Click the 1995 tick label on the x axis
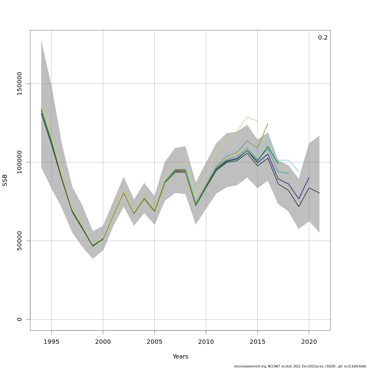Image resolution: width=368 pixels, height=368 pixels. (52, 342)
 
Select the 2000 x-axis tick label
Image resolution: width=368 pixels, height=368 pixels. (103, 342)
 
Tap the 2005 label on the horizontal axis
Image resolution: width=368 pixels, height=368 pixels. (155, 342)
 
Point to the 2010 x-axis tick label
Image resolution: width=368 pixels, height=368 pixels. (206, 342)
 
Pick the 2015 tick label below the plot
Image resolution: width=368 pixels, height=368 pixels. (258, 342)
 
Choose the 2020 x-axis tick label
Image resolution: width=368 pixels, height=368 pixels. (309, 342)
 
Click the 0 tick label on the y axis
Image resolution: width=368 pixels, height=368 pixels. (20, 319)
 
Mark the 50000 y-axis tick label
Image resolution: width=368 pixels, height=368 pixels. (20, 241)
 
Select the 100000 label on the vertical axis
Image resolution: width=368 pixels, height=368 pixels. (20, 162)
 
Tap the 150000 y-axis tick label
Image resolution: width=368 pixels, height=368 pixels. (20, 84)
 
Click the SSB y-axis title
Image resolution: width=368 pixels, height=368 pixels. (5, 180)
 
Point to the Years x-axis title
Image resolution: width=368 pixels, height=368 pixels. (180, 357)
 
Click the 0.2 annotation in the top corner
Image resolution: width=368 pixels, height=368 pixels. (323, 38)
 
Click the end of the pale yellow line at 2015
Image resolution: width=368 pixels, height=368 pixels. (257, 121)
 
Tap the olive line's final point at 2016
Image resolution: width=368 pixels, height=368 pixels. (268, 124)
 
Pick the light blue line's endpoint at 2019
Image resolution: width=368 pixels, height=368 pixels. (299, 171)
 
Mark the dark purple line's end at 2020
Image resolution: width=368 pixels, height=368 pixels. (309, 177)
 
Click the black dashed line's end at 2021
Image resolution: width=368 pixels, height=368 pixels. (319, 193)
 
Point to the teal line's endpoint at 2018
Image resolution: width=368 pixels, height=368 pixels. (288, 173)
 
